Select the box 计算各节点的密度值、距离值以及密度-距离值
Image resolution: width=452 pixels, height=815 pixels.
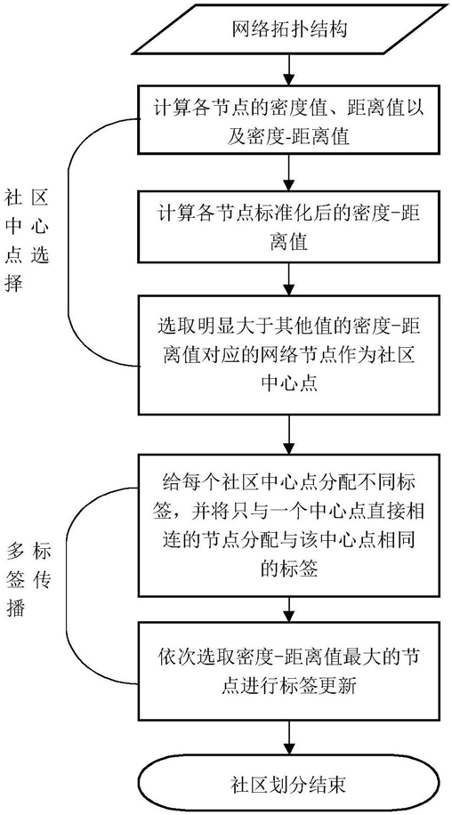click(289, 118)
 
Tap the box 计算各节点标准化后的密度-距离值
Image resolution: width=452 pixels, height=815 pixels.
click(289, 226)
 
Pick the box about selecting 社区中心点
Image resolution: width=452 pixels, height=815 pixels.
click(289, 355)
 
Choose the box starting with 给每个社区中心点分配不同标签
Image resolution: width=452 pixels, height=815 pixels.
click(289, 525)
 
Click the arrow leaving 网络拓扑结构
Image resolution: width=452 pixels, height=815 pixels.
click(289, 69)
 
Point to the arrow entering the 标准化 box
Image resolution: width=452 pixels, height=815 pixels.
click(289, 172)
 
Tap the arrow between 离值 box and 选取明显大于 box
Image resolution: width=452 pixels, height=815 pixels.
click(289, 278)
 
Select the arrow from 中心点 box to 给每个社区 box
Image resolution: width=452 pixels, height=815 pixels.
click(289, 434)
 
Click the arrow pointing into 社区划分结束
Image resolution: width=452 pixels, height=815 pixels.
click(289, 739)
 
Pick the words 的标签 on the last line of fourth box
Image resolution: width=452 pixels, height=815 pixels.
click(288, 569)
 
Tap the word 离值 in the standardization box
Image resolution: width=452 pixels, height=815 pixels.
click(289, 242)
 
